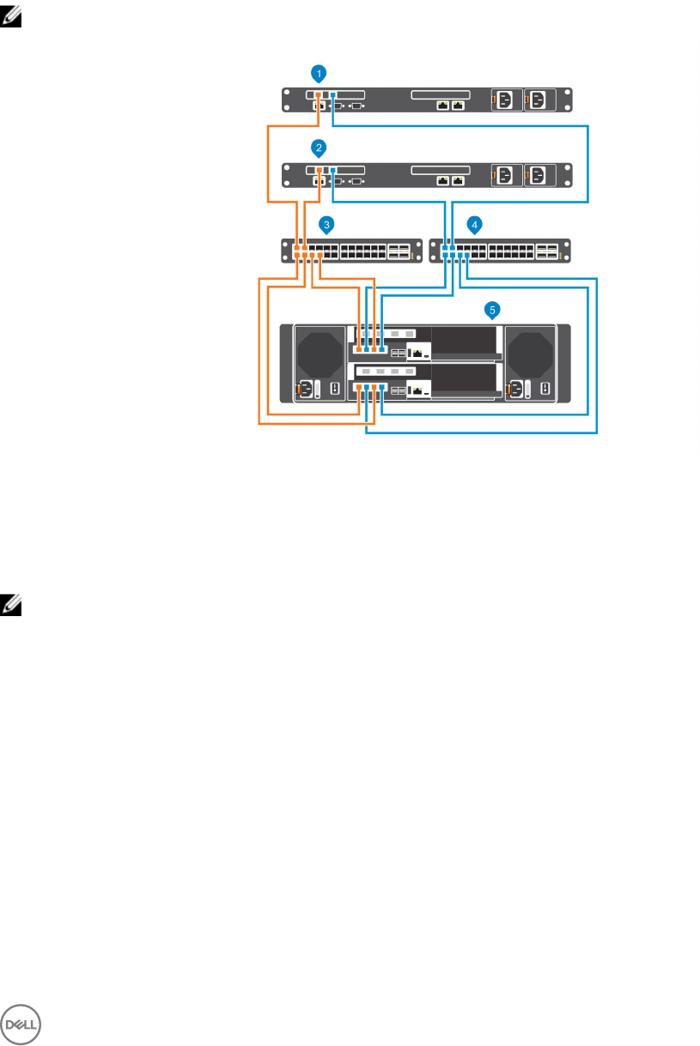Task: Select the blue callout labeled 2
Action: pyautogui.click(x=319, y=148)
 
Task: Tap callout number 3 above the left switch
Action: pyautogui.click(x=326, y=224)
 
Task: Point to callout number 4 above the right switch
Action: pyautogui.click(x=475, y=224)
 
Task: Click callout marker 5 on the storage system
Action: pyautogui.click(x=492, y=307)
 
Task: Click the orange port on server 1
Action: pyautogui.click(x=317, y=95)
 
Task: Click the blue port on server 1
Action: pyautogui.click(x=333, y=95)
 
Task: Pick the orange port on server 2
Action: pyautogui.click(x=317, y=171)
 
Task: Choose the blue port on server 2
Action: pyautogui.click(x=333, y=171)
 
